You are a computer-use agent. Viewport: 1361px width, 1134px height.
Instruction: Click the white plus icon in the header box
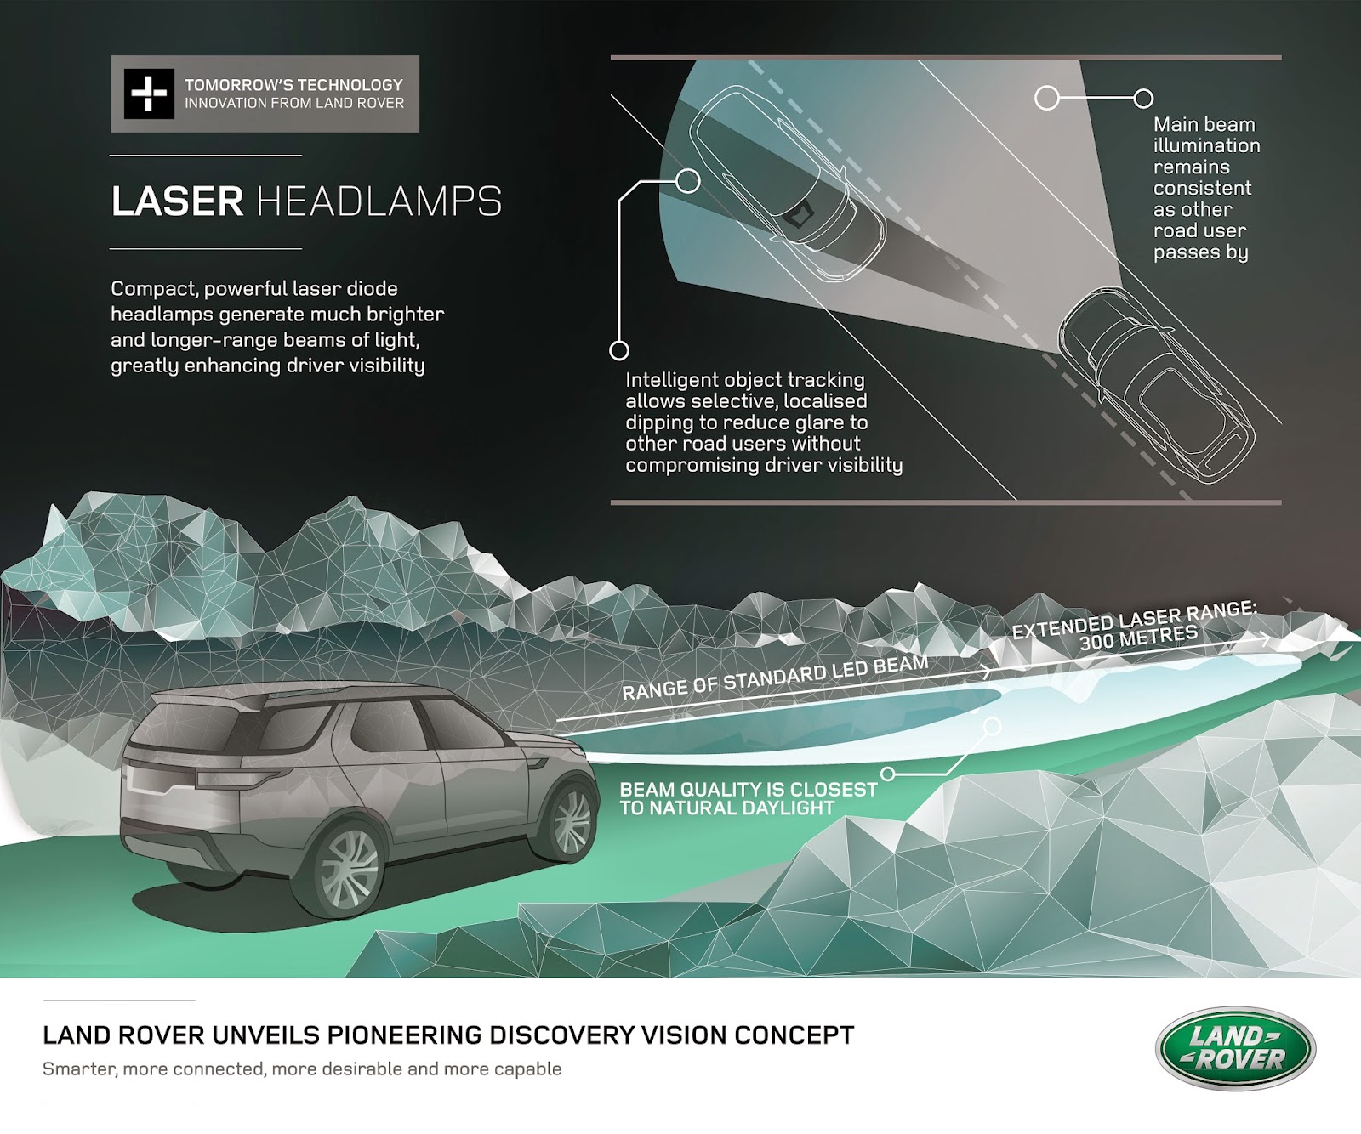tap(149, 94)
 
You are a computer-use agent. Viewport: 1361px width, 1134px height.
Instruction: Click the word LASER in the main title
tap(178, 201)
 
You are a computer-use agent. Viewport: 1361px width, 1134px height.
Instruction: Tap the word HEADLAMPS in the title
tap(379, 201)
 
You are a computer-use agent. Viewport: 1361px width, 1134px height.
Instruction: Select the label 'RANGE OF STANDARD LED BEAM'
tap(775, 678)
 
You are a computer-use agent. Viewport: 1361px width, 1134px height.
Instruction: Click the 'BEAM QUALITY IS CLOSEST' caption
tap(749, 789)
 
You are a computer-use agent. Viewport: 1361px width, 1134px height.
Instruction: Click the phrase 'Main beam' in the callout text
tap(1204, 124)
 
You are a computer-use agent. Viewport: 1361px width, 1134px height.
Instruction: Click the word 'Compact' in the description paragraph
tap(154, 289)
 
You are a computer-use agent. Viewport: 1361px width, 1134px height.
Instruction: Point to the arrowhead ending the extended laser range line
tap(1267, 638)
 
